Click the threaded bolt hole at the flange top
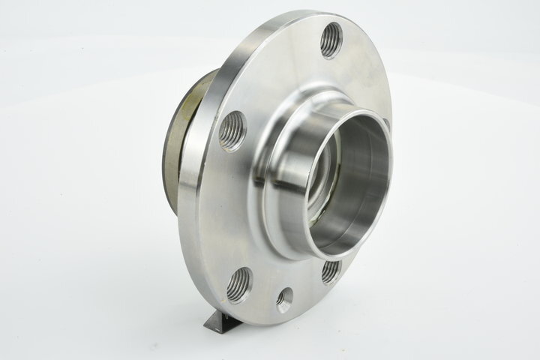tap(331, 40)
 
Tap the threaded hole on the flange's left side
tap(232, 130)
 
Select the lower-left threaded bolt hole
tap(238, 284)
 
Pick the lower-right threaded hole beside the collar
tap(330, 271)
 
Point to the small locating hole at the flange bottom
tap(285, 300)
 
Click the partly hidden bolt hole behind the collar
tap(385, 124)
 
